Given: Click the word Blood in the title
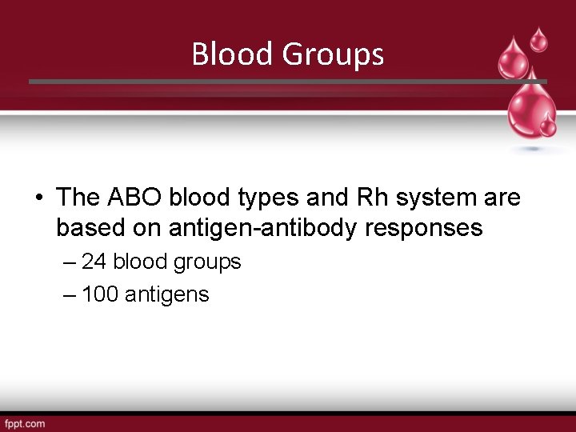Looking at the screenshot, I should click(x=231, y=54).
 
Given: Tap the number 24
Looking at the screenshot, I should click(x=94, y=262).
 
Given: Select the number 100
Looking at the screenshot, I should click(x=100, y=294).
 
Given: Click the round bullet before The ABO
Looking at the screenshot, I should click(x=38, y=198).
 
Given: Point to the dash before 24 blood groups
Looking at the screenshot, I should click(x=69, y=262).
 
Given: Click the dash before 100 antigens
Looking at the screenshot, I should click(x=69, y=295).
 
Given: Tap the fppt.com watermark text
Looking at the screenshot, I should click(x=25, y=422).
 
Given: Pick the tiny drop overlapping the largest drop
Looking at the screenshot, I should click(x=549, y=126).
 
